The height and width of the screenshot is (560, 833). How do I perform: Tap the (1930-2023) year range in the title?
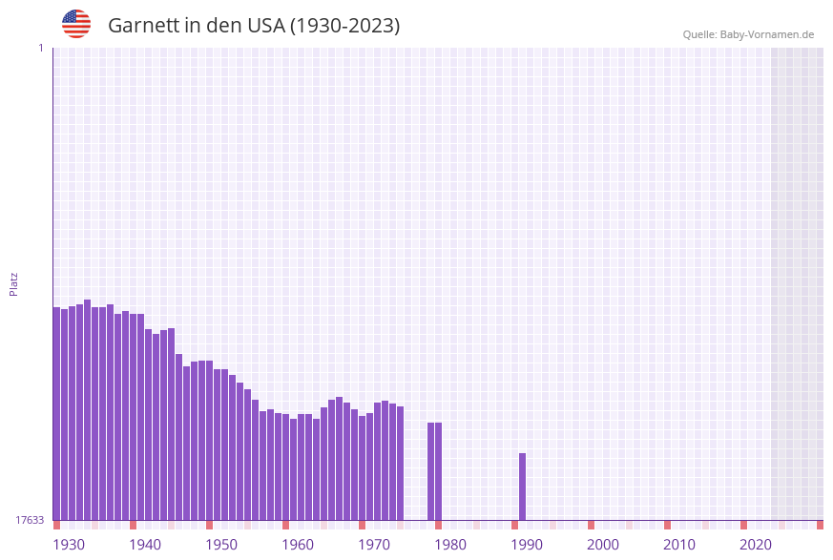point(344,26)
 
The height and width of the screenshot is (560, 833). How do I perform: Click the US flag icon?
point(76,24)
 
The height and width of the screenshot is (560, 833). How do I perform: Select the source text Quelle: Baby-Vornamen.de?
point(748,34)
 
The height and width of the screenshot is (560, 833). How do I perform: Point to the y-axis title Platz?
point(14,283)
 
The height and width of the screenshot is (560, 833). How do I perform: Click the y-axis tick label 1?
point(40,48)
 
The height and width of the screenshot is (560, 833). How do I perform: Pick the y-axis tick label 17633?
point(30,520)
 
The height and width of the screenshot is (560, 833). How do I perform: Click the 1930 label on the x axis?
point(69,545)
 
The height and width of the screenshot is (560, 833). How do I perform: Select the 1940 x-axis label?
point(145,545)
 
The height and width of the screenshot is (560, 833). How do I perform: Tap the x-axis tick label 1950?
point(221,545)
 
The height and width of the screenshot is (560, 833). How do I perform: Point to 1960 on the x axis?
point(298,545)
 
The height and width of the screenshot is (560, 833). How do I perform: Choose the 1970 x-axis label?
point(374,545)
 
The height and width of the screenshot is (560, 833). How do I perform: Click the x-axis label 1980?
point(450,545)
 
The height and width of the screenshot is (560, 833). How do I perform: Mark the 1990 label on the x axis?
point(527,545)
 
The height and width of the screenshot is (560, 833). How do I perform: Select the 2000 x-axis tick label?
point(603,545)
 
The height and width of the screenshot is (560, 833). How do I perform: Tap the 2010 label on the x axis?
point(679,545)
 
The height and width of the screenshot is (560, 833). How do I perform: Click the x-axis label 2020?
point(756,545)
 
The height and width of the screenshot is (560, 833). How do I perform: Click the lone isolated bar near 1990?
point(523,487)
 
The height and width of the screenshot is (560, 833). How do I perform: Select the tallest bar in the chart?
point(88,410)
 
